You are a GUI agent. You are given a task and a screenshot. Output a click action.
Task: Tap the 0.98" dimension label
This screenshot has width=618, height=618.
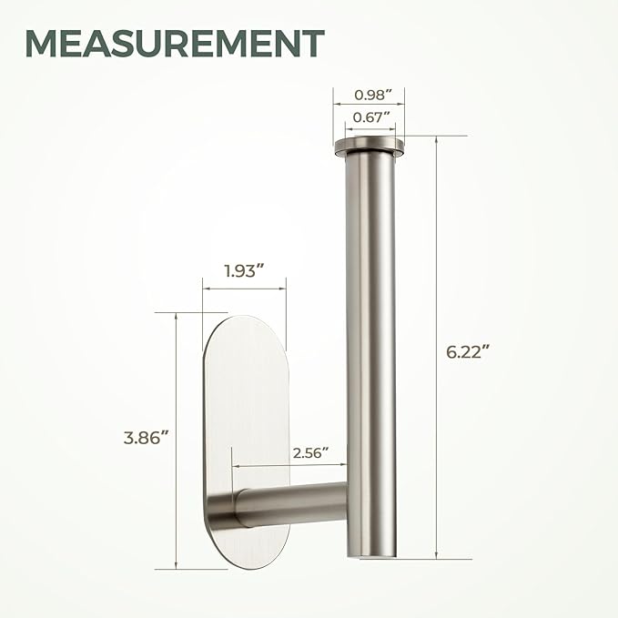click(x=367, y=95)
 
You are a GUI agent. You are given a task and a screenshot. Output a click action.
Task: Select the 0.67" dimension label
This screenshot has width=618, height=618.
click(x=367, y=116)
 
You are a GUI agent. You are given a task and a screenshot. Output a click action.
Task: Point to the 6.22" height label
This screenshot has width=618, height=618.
click(x=472, y=352)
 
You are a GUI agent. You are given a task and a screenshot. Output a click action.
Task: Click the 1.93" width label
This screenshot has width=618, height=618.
click(x=244, y=270)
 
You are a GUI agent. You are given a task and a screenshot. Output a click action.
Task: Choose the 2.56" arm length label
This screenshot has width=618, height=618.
click(x=309, y=451)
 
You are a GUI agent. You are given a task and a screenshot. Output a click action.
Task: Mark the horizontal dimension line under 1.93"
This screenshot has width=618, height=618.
click(x=244, y=289)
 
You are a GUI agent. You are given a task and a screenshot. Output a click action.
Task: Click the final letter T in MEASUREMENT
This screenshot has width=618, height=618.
click(x=310, y=43)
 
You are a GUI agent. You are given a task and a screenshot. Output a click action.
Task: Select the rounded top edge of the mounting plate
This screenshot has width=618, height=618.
click(x=244, y=321)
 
